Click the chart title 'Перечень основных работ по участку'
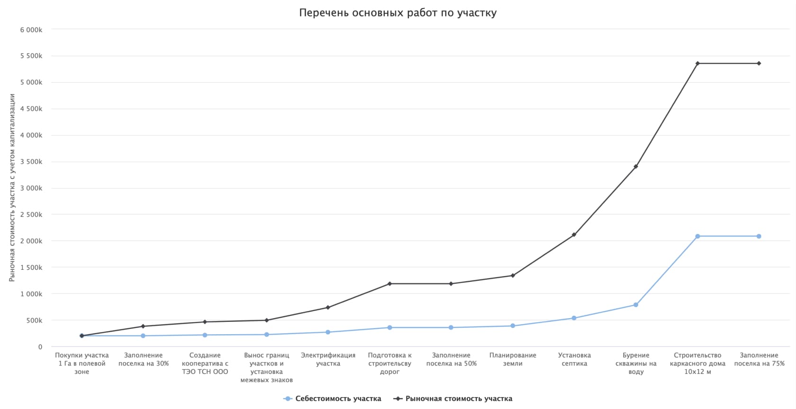pyautogui.click(x=398, y=13)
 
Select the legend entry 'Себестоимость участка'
pyautogui.click(x=338, y=399)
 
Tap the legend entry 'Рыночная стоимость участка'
pyautogui.click(x=458, y=399)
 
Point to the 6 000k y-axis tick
pyautogui.click(x=31, y=30)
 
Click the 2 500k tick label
pyautogui.click(x=31, y=214)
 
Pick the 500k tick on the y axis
pyautogui.click(x=34, y=320)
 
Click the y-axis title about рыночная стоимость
pyautogui.click(x=12, y=188)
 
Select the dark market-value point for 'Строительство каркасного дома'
pyautogui.click(x=697, y=63)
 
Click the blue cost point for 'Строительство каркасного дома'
pyautogui.click(x=697, y=236)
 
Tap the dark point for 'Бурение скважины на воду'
pyautogui.click(x=636, y=167)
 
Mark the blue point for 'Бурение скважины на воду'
pyautogui.click(x=636, y=305)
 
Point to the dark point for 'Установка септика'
pyautogui.click(x=574, y=235)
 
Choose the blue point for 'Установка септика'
pyautogui.click(x=574, y=318)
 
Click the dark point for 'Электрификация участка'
pyautogui.click(x=328, y=308)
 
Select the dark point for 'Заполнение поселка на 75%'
pyautogui.click(x=759, y=63)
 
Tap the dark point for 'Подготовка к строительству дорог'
pyautogui.click(x=389, y=284)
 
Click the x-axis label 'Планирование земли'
pyautogui.click(x=513, y=359)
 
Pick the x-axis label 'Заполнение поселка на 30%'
pyautogui.click(x=143, y=359)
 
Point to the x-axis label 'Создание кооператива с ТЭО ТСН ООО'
pyautogui.click(x=205, y=363)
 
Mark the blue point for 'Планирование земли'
pyautogui.click(x=513, y=326)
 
